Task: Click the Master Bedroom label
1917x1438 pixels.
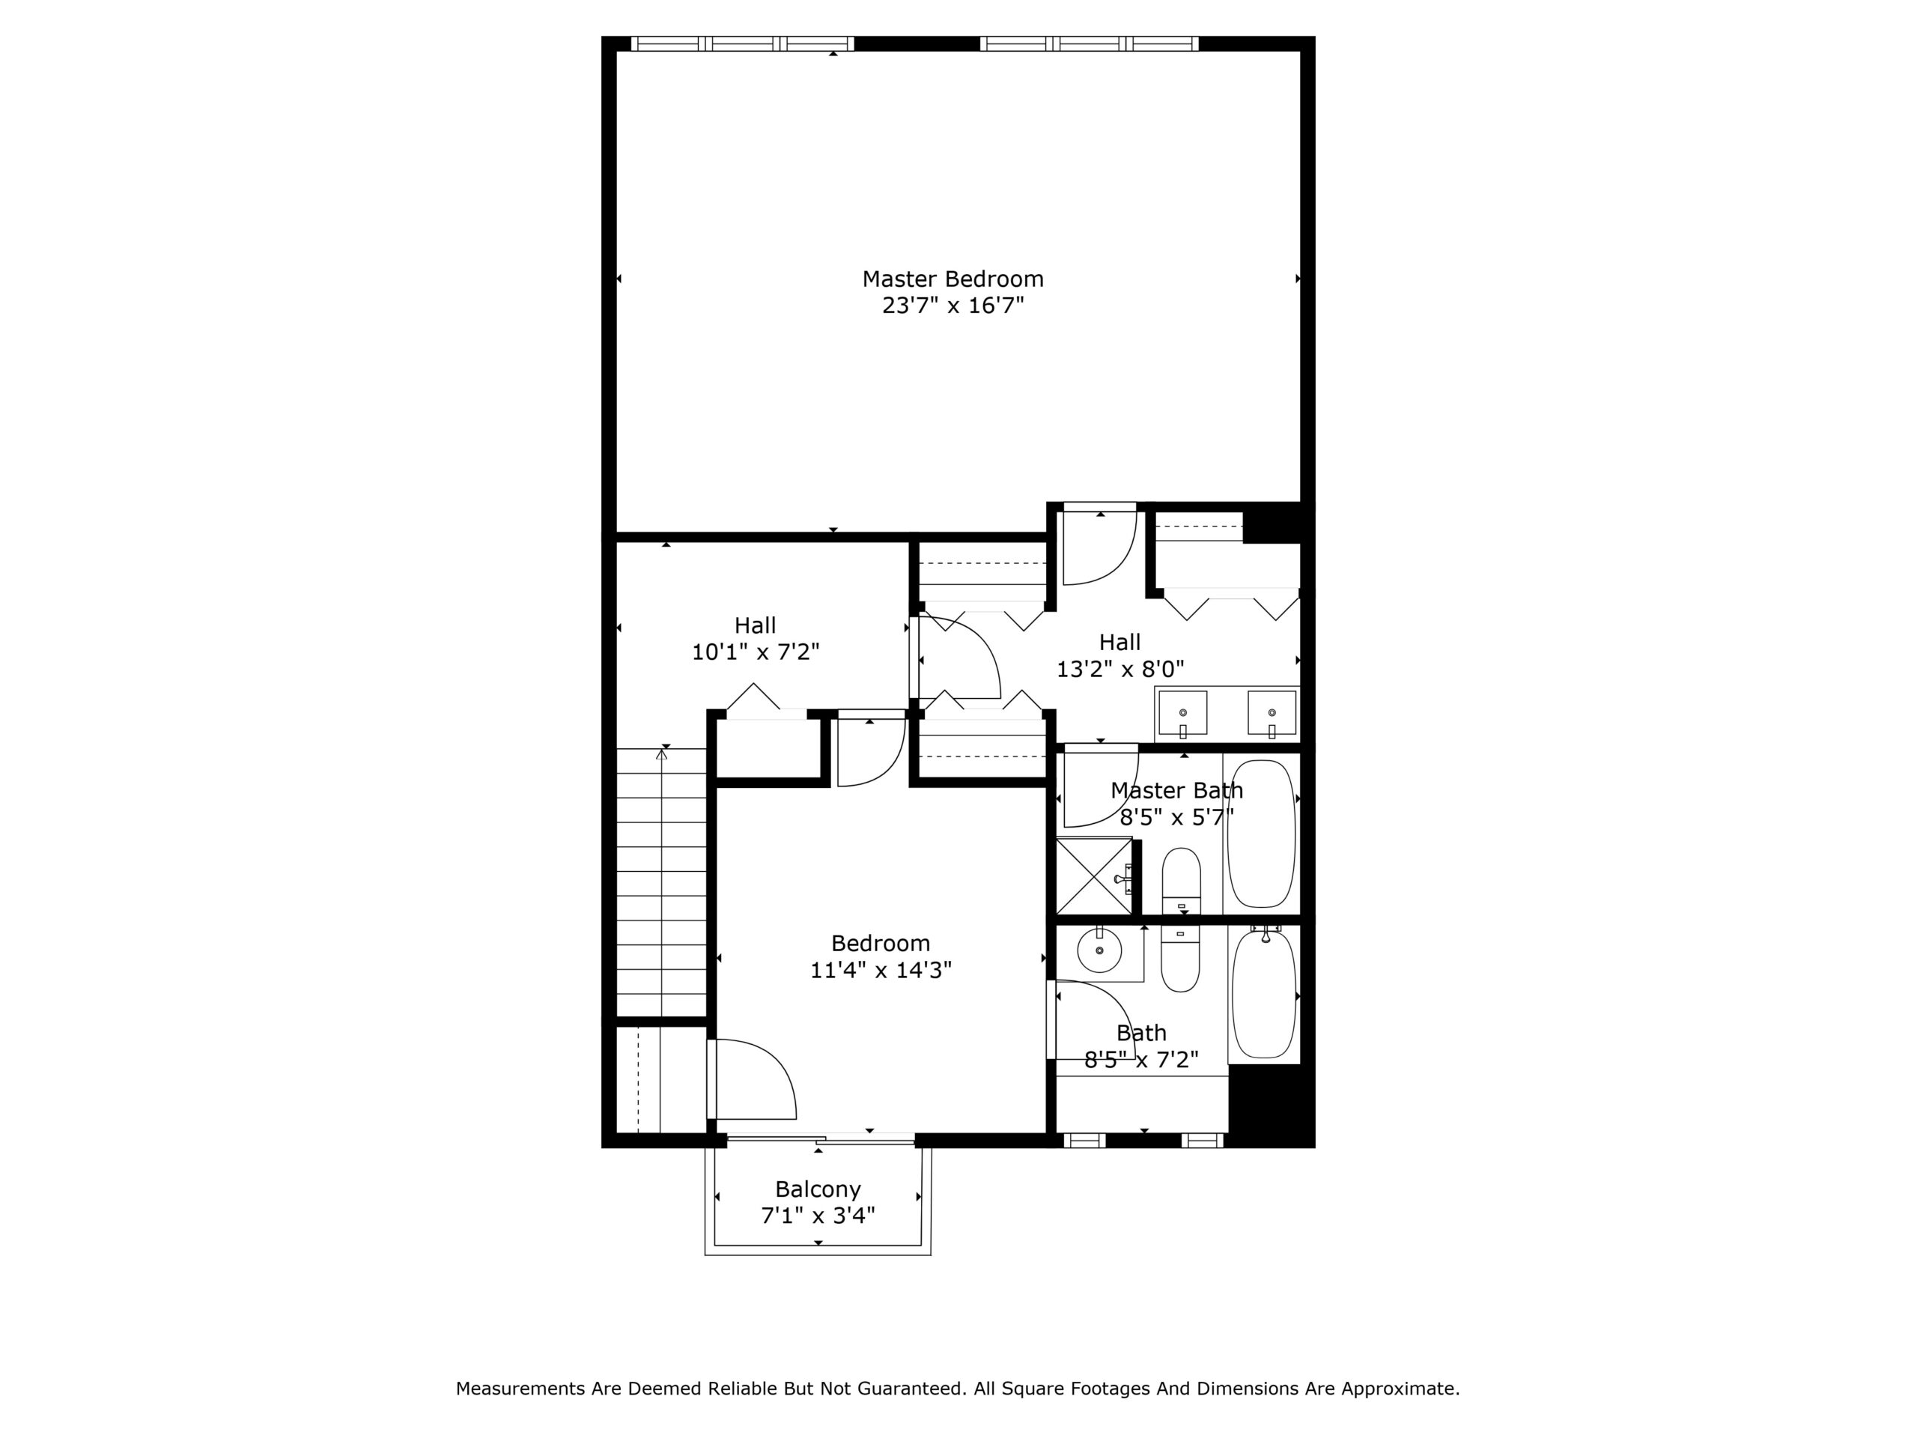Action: tap(953, 279)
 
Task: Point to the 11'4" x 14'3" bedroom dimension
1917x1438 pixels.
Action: tap(881, 969)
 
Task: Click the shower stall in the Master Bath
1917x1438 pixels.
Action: tap(1094, 876)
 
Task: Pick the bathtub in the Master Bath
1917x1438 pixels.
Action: tap(1262, 833)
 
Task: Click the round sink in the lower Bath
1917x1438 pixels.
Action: tap(1099, 952)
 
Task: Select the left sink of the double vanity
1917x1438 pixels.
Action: tap(1182, 713)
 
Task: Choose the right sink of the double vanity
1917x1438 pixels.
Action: tap(1272, 713)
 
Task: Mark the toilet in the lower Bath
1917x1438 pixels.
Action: tap(1180, 959)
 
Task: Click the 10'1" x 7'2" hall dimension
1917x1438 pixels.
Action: tap(755, 652)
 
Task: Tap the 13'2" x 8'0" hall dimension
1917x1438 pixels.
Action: tap(1119, 669)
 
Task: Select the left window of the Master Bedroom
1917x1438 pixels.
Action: tap(742, 43)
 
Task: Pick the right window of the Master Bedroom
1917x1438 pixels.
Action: tap(1090, 43)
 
